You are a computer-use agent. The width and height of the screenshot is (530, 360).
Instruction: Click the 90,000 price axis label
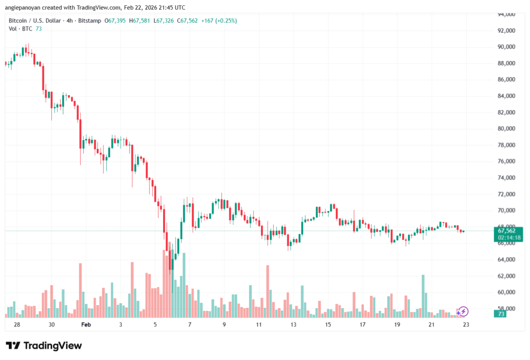click(x=505, y=47)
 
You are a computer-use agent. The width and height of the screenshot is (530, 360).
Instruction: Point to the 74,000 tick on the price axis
click(x=505, y=177)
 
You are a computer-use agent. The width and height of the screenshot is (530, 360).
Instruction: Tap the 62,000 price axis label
click(x=505, y=276)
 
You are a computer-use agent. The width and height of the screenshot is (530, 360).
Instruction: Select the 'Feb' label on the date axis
click(x=86, y=324)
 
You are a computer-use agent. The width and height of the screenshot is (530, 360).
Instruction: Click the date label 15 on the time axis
click(x=328, y=324)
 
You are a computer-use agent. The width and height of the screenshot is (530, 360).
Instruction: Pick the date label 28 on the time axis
click(x=17, y=324)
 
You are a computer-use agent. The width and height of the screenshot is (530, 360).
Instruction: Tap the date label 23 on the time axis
click(x=466, y=324)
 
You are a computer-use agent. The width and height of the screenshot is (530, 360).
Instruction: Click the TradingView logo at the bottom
click(x=44, y=346)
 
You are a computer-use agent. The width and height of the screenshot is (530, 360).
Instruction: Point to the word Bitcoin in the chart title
click(x=19, y=21)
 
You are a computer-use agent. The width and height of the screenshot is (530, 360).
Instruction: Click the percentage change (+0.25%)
click(x=224, y=21)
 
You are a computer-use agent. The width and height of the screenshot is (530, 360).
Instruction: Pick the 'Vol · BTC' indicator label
click(x=20, y=29)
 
